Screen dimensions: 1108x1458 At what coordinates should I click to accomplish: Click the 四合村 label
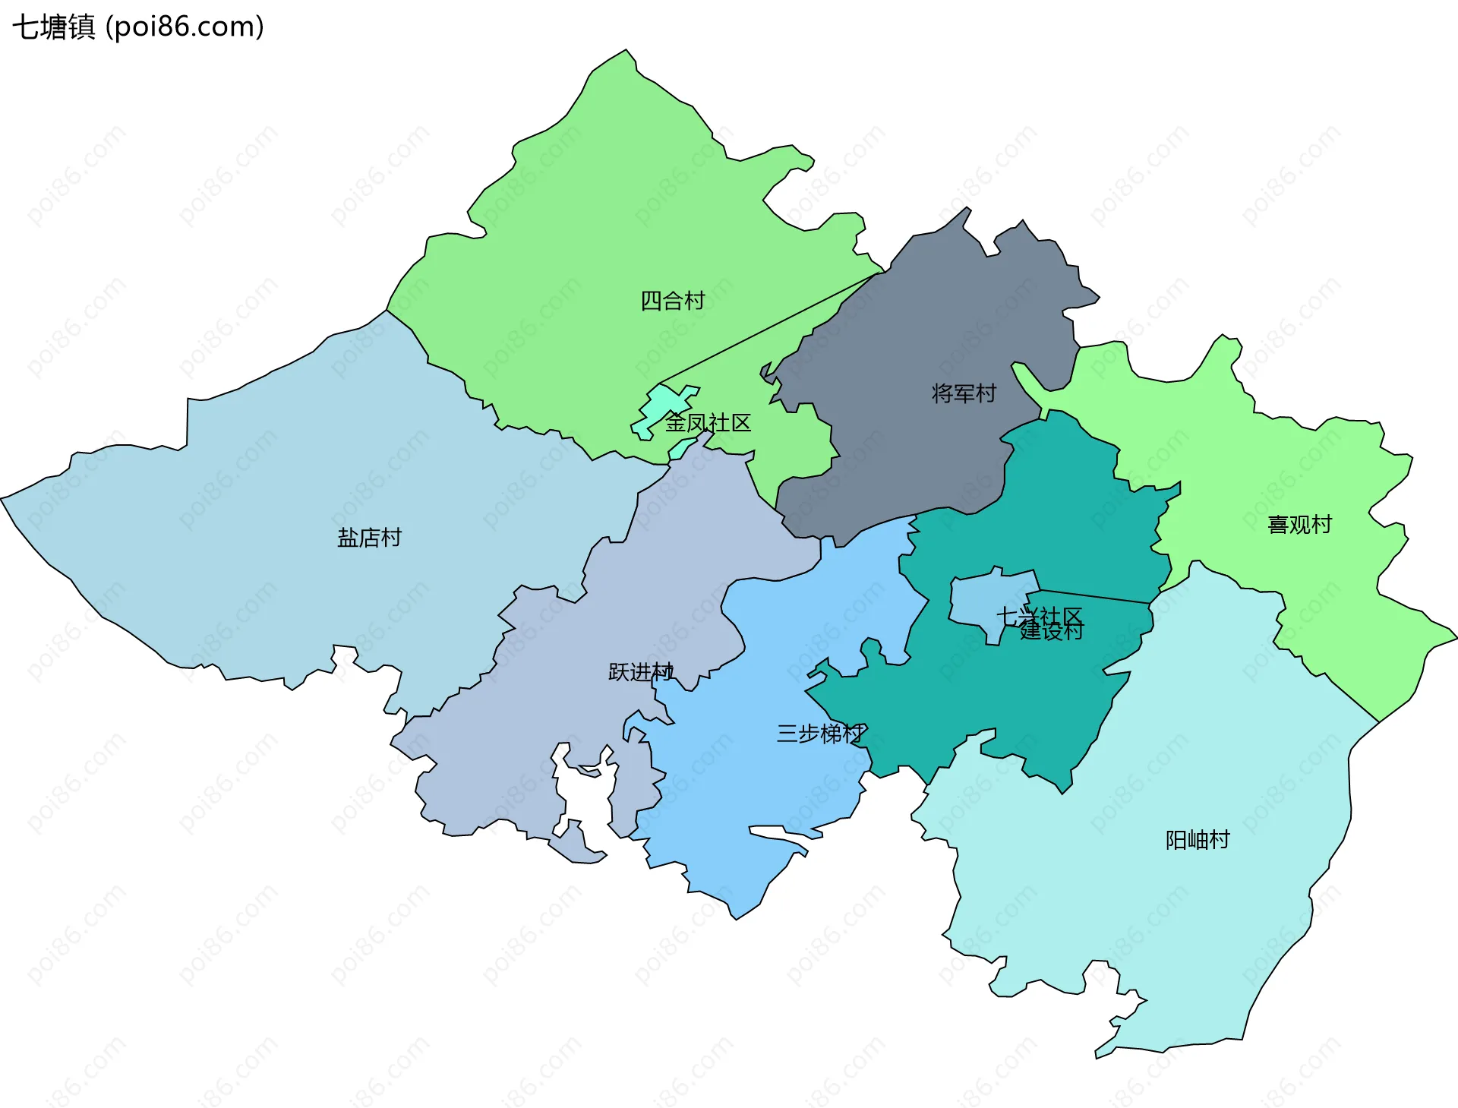(673, 301)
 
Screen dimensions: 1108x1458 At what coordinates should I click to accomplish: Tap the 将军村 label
(964, 393)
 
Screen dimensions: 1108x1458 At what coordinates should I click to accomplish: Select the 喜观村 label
(1299, 525)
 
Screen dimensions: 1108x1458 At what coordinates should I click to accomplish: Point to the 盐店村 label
(369, 538)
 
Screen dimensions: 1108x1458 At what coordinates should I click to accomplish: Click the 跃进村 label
(640, 672)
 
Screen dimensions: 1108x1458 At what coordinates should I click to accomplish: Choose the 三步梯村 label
(820, 734)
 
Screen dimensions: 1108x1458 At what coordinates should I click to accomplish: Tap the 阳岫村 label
(1198, 840)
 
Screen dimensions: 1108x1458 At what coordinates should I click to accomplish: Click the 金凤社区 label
(708, 423)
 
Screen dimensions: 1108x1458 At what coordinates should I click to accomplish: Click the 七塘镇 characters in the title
(53, 27)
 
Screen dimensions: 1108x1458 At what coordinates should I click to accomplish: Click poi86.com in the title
(185, 27)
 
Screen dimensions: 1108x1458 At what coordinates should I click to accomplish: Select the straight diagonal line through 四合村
(767, 329)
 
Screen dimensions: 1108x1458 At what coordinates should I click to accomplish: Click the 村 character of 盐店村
(391, 538)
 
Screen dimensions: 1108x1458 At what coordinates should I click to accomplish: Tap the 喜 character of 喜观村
(1277, 525)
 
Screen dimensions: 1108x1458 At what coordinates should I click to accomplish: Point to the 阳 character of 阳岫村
(1176, 840)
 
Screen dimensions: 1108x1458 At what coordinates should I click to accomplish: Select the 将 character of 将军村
(942, 393)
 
